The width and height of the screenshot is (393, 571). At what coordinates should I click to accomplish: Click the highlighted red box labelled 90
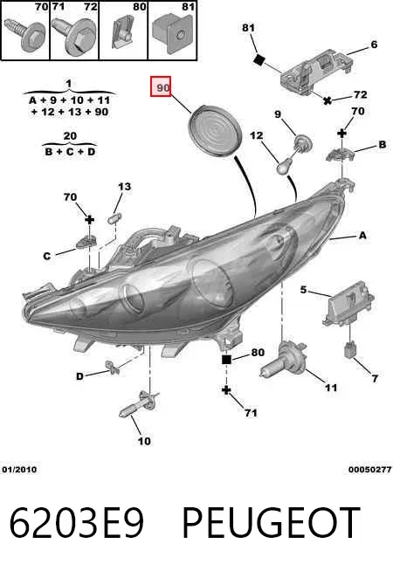point(161,87)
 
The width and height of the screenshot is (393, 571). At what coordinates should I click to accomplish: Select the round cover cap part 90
point(214,131)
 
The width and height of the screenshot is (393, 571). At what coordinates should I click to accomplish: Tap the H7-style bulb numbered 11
point(281,363)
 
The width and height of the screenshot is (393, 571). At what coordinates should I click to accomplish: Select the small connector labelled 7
point(349,349)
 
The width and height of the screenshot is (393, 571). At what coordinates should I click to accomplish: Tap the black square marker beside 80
point(226,360)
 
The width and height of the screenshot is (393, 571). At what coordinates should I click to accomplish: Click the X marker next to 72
point(327,100)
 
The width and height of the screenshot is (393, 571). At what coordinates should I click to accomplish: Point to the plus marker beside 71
point(226,390)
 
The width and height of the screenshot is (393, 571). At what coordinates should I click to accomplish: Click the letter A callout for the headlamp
point(362,236)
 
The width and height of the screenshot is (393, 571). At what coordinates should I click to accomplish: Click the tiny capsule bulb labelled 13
point(114,219)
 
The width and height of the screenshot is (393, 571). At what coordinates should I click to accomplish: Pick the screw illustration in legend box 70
point(24,34)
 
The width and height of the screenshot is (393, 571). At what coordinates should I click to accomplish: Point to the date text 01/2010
point(19,470)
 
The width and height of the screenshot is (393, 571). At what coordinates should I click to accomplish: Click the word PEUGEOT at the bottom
point(271,522)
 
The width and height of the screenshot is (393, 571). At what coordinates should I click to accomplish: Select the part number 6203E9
point(77,522)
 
